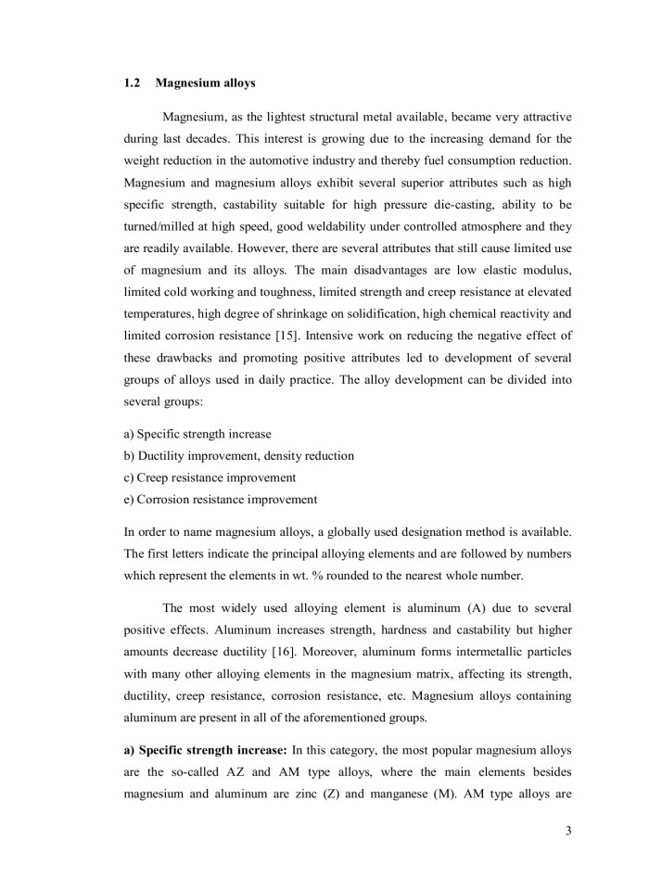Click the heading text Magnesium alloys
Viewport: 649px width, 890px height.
206,83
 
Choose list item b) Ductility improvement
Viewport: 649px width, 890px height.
238,456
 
